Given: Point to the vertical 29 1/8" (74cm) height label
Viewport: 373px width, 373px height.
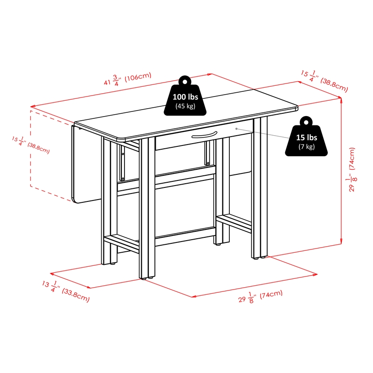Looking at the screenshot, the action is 352,169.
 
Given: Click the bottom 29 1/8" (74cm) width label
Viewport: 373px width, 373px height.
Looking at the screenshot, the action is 261,297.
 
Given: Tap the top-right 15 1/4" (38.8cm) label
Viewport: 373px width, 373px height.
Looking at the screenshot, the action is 325,81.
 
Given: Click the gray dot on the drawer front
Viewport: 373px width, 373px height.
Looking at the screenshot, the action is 236,129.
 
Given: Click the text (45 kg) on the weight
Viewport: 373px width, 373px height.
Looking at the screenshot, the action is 185,106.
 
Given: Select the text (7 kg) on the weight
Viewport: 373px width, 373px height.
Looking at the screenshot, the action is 307,146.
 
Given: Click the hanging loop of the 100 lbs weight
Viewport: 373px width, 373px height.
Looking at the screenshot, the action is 185,80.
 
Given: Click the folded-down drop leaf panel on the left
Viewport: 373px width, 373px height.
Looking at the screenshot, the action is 86,164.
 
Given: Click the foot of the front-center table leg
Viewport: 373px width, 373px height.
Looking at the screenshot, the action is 147,277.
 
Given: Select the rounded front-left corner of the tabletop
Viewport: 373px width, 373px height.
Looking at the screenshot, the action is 121,139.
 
